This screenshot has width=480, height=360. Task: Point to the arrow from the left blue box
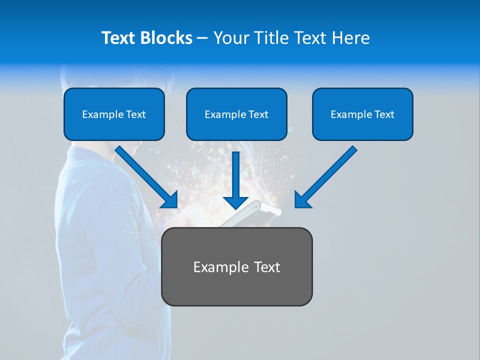[145, 175]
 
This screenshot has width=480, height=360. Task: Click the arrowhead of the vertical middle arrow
[236, 202]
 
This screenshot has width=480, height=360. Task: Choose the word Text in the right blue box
[384, 114]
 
